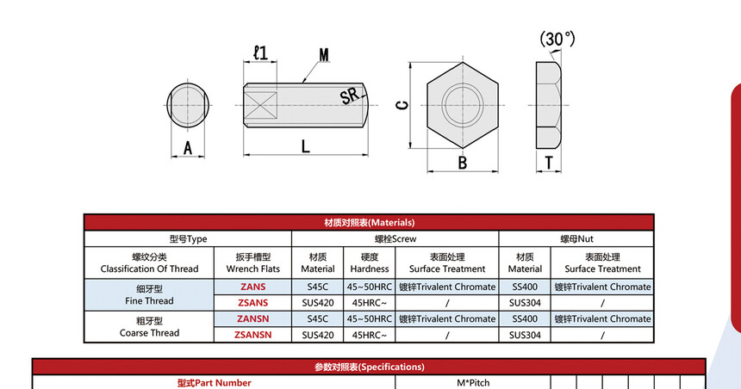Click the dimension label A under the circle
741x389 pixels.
pyautogui.click(x=188, y=148)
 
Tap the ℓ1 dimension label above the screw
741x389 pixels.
pyautogui.click(x=260, y=52)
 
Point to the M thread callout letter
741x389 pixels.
pyautogui.click(x=324, y=55)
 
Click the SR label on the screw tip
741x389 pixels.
pyautogui.click(x=350, y=96)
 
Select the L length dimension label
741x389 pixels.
pyautogui.click(x=305, y=146)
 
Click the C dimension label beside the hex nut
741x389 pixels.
pyautogui.click(x=402, y=105)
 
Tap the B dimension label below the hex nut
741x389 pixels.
pyautogui.click(x=462, y=163)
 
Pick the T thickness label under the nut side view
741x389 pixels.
pyautogui.click(x=549, y=163)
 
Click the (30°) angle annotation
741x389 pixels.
pyautogui.click(x=557, y=40)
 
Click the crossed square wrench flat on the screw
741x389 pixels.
pyautogui.click(x=260, y=105)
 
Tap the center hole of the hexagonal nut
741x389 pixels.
pyautogui.click(x=462, y=105)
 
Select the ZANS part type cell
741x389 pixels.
pyautogui.click(x=252, y=287)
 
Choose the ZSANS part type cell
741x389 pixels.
pyautogui.click(x=252, y=303)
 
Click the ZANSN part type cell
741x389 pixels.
pyautogui.click(x=252, y=318)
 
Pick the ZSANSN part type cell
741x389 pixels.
pyautogui.click(x=252, y=335)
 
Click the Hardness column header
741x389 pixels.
pyautogui.click(x=370, y=263)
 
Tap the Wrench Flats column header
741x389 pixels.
pyautogui.click(x=252, y=263)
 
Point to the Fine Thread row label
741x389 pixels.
pyautogui.click(x=149, y=294)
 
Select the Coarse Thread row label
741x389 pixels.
pyautogui.click(x=149, y=327)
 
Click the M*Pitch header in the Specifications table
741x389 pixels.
pyautogui.click(x=473, y=383)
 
